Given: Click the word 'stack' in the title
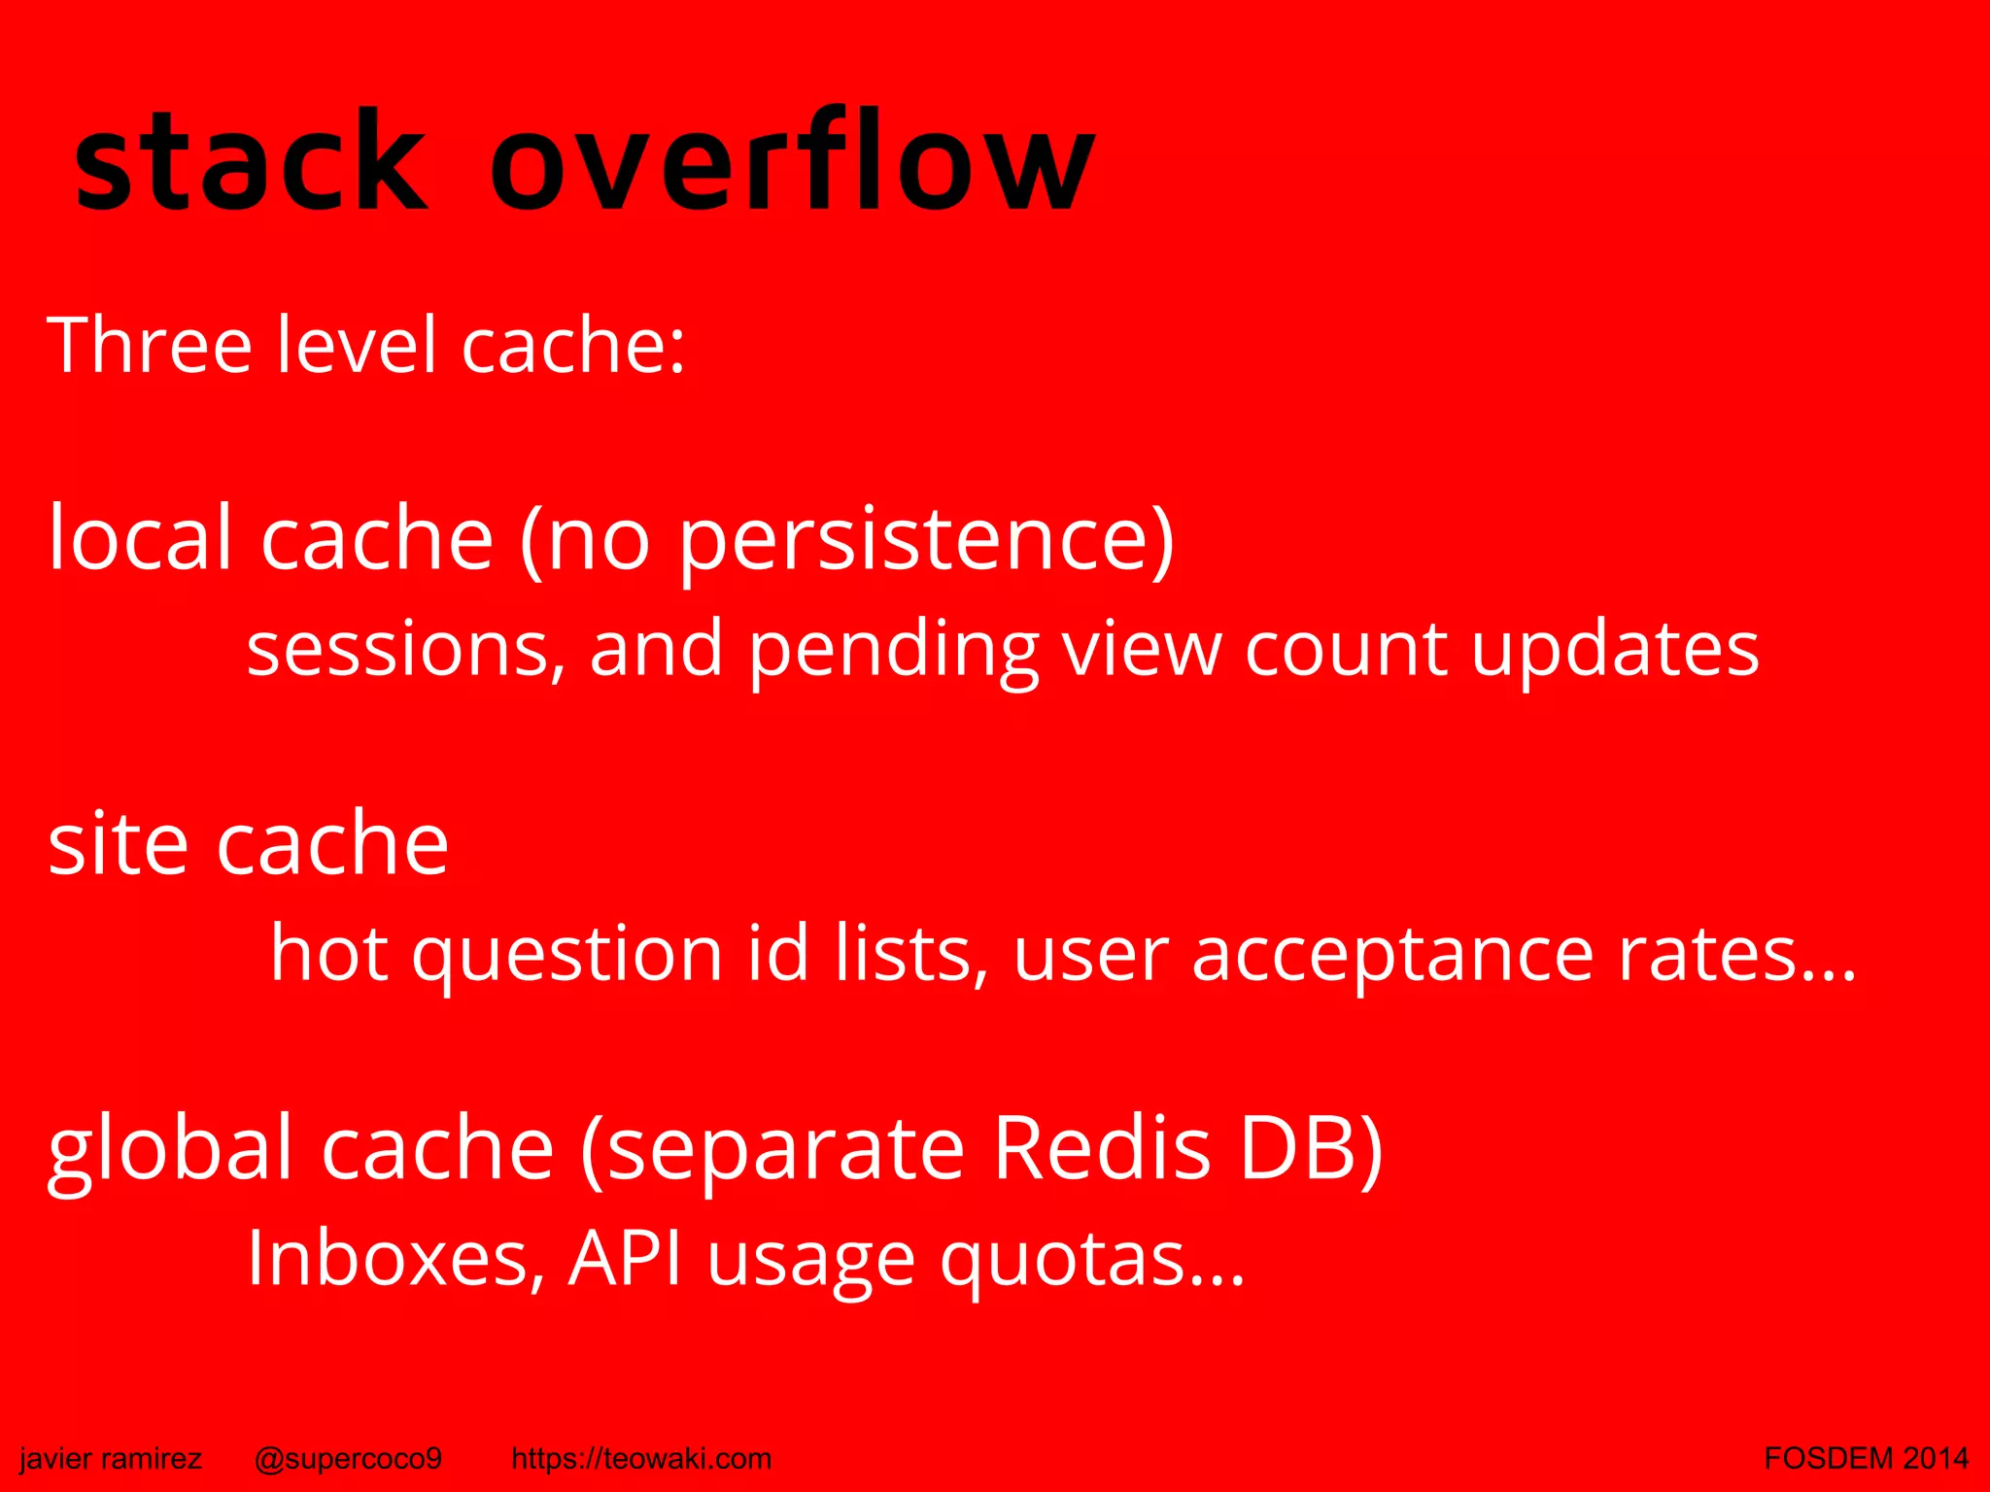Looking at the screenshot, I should click(x=251, y=163).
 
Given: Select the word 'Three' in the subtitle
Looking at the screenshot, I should click(x=150, y=345).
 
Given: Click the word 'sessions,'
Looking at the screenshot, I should click(x=404, y=650).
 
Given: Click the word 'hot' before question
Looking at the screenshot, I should click(x=329, y=953).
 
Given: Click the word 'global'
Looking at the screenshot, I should click(x=171, y=1150).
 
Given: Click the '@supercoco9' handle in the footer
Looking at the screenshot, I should click(x=348, y=1458).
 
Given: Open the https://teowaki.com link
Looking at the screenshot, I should click(x=641, y=1458).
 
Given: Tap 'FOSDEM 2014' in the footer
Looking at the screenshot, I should click(x=1866, y=1458).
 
